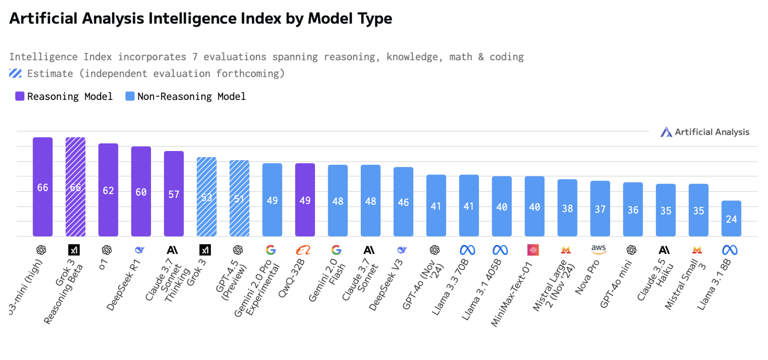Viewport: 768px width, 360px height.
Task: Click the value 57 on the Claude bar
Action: (174, 194)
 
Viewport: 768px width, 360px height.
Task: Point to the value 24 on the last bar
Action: (731, 219)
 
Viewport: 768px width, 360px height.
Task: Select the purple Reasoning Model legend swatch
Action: (20, 96)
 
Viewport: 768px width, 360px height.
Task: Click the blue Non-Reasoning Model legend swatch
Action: (130, 96)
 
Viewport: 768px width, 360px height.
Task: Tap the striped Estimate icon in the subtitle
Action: (15, 73)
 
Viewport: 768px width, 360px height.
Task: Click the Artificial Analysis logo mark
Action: (666, 132)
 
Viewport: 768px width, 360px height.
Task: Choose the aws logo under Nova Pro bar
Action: (599, 250)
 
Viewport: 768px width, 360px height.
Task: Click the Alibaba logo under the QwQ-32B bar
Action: (303, 250)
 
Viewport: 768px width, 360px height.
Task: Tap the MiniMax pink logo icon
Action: (533, 250)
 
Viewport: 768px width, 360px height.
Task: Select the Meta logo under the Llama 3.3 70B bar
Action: (467, 250)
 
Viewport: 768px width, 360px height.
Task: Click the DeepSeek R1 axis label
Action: (124, 285)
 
